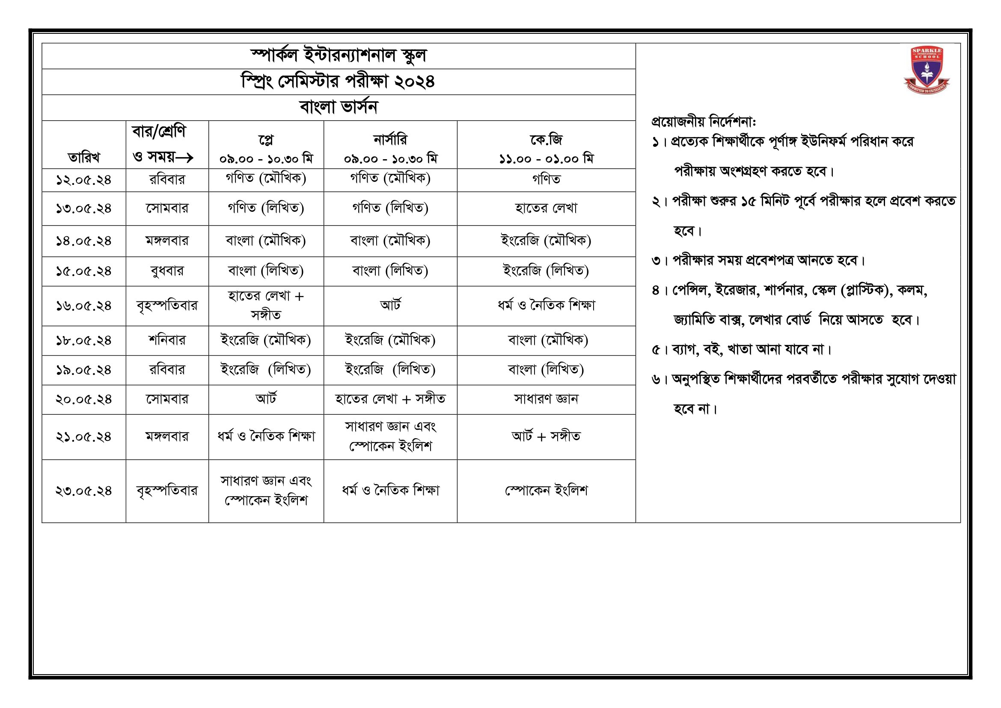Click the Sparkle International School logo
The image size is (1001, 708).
click(x=927, y=70)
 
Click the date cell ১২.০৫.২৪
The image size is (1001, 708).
click(x=84, y=180)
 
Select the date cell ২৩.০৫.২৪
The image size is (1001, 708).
click(x=84, y=491)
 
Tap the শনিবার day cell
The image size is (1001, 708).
click(x=167, y=340)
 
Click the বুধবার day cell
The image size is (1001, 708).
click(x=167, y=271)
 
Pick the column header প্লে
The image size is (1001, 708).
click(x=266, y=140)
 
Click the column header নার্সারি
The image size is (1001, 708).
click(x=390, y=140)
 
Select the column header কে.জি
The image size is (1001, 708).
click(x=546, y=140)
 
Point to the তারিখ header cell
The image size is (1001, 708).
click(x=84, y=157)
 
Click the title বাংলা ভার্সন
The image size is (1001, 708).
click(x=339, y=107)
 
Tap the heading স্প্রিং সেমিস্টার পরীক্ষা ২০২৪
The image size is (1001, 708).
click(x=339, y=81)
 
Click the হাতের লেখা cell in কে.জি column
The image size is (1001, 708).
click(x=546, y=208)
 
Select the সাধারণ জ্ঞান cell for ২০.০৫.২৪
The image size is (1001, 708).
click(x=546, y=399)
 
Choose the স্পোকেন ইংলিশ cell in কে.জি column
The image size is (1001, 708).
click(x=546, y=491)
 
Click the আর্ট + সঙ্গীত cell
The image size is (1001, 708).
click(x=546, y=436)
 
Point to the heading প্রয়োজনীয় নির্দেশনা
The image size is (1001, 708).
click(x=703, y=121)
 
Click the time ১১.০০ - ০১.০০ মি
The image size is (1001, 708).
click(x=546, y=159)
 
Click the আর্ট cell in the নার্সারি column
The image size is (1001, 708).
click(x=390, y=305)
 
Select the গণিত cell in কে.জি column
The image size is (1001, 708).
click(x=546, y=179)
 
